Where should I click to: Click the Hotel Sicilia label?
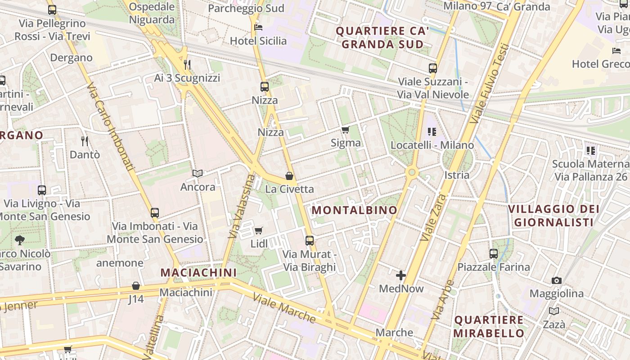coord(258,41)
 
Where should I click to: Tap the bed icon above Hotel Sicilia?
coord(258,27)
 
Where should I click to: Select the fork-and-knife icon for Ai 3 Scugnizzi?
coord(187,65)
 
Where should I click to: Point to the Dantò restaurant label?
coord(85,154)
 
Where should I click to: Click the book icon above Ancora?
coord(198,173)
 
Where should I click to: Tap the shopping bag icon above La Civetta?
coord(289,176)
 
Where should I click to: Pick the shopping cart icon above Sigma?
coord(345,130)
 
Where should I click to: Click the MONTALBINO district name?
coord(355,210)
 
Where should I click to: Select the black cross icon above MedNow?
coord(401,275)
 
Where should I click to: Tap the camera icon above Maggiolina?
coord(557,280)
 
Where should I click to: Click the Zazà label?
coord(554,324)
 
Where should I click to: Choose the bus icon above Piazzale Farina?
coord(494,253)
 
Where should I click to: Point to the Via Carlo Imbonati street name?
coord(111,127)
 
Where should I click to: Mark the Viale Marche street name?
coord(284,308)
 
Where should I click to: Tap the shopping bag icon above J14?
coord(135,286)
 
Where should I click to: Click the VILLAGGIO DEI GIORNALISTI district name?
coord(553,216)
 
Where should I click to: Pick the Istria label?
coord(457,175)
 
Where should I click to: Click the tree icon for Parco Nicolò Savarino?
coord(20,240)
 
